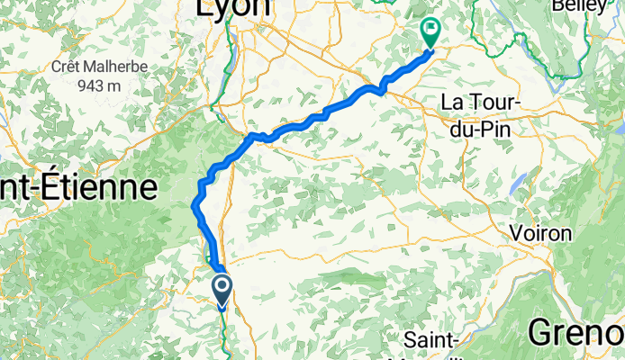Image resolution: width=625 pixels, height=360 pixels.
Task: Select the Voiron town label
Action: pyautogui.click(x=540, y=232)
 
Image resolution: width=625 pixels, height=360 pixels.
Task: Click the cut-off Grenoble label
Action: pyautogui.click(x=576, y=331)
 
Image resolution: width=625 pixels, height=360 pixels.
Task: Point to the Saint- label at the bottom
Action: pyautogui.click(x=434, y=340)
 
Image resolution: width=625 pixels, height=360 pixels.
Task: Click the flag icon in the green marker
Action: pyautogui.click(x=430, y=30)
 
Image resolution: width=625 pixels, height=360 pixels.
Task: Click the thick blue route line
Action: pyautogui.click(x=306, y=121)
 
